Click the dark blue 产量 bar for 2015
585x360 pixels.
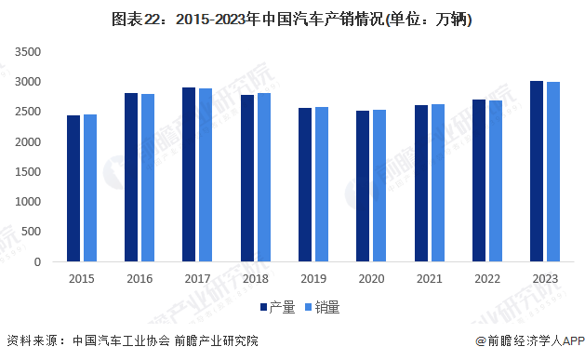(x=73, y=189)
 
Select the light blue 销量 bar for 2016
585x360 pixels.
(x=148, y=178)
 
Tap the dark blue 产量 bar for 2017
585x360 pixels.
(x=189, y=175)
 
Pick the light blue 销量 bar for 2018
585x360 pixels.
(x=264, y=178)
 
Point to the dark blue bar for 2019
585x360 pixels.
(x=305, y=185)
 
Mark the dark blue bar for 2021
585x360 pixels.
(x=420, y=183)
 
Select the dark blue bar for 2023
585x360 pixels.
(x=537, y=171)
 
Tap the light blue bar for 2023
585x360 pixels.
(x=553, y=172)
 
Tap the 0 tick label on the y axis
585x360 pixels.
(x=38, y=262)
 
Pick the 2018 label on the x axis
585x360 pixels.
(x=256, y=278)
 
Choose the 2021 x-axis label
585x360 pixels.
(x=429, y=278)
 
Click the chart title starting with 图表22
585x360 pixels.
(x=292, y=20)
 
